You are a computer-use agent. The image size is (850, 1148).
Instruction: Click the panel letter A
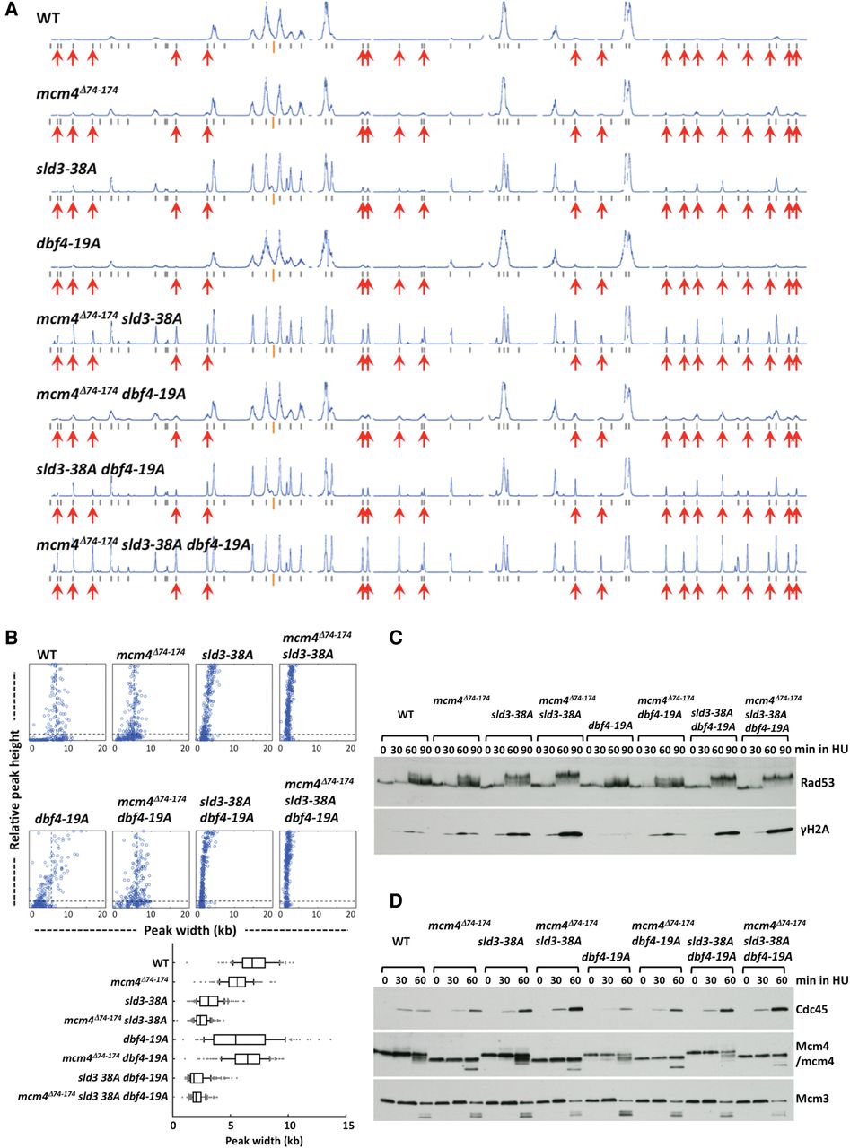pos(11,10)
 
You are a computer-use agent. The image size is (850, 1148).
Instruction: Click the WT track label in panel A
pos(48,18)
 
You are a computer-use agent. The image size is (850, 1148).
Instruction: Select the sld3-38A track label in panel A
pos(66,169)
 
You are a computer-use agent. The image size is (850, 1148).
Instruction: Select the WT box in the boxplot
pos(254,962)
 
